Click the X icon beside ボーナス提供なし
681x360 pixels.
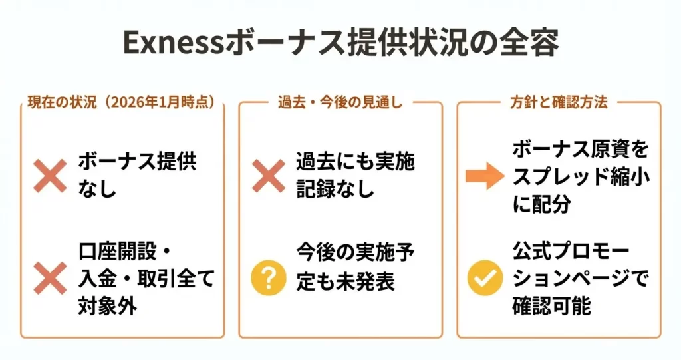(x=51, y=176)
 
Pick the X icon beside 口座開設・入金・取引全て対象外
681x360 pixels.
(x=51, y=277)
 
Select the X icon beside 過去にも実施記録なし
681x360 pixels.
(x=269, y=176)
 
